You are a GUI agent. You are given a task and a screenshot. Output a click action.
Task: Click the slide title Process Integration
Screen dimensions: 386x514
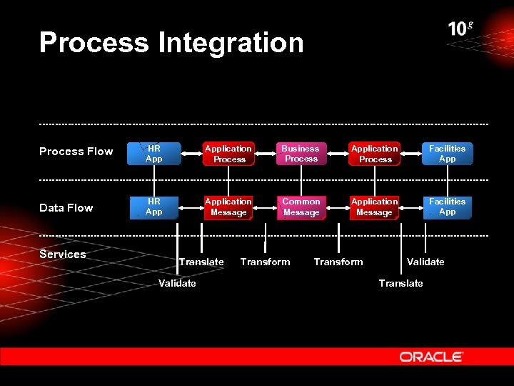(x=171, y=43)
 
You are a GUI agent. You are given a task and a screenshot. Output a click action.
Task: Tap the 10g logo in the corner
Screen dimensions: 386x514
(x=460, y=29)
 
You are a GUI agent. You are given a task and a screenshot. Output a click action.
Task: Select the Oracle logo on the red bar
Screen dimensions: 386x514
(x=431, y=356)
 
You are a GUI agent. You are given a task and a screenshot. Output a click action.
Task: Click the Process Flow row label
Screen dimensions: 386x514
(x=76, y=152)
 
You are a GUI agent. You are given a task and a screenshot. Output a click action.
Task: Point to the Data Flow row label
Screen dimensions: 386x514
(x=66, y=208)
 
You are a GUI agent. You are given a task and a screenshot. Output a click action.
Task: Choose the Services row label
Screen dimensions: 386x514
(x=62, y=254)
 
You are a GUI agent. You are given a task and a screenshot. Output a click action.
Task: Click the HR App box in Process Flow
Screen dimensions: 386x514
(x=153, y=154)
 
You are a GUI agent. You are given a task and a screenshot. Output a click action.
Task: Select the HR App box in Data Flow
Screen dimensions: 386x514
(x=153, y=207)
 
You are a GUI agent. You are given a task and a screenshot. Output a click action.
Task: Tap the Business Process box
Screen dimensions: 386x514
(x=301, y=154)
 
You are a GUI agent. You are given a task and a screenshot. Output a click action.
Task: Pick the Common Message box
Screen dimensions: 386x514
(x=301, y=207)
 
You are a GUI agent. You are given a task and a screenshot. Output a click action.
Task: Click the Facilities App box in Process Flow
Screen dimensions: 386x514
(x=447, y=154)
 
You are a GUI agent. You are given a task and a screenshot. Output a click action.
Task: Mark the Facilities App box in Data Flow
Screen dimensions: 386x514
(x=447, y=207)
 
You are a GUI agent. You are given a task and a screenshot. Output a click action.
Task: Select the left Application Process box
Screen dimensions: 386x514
(x=228, y=154)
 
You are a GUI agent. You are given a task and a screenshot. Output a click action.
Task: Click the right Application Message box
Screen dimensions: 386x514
(x=374, y=207)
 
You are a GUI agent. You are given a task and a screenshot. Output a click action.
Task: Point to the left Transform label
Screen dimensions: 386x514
(x=265, y=262)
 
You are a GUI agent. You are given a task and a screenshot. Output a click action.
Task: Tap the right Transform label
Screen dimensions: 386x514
(x=338, y=262)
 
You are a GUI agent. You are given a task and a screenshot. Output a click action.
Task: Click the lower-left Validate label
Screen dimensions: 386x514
(x=177, y=284)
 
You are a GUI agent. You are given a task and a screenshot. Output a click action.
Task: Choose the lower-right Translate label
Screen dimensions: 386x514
(x=400, y=284)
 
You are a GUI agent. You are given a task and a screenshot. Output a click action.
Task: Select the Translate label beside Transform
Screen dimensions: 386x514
(x=201, y=262)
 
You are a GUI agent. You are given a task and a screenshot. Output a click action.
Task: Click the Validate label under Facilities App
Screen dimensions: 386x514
(x=425, y=262)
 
